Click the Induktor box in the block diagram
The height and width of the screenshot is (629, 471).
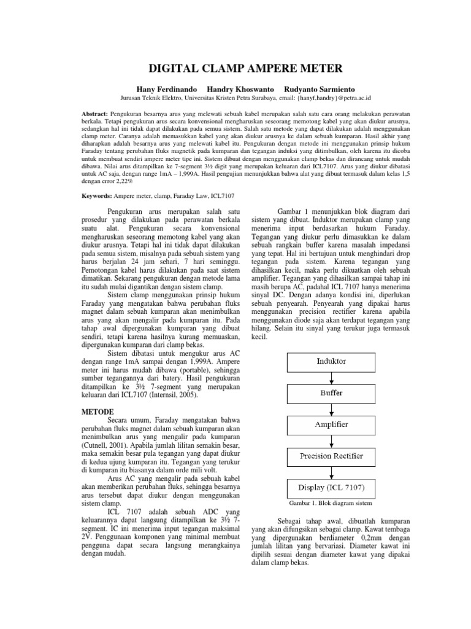(x=331, y=362)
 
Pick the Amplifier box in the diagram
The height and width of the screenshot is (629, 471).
(x=331, y=424)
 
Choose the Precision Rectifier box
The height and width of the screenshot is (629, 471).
(x=331, y=456)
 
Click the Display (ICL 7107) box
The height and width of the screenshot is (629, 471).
(x=331, y=488)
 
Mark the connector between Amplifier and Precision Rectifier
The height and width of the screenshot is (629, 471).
(x=331, y=440)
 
